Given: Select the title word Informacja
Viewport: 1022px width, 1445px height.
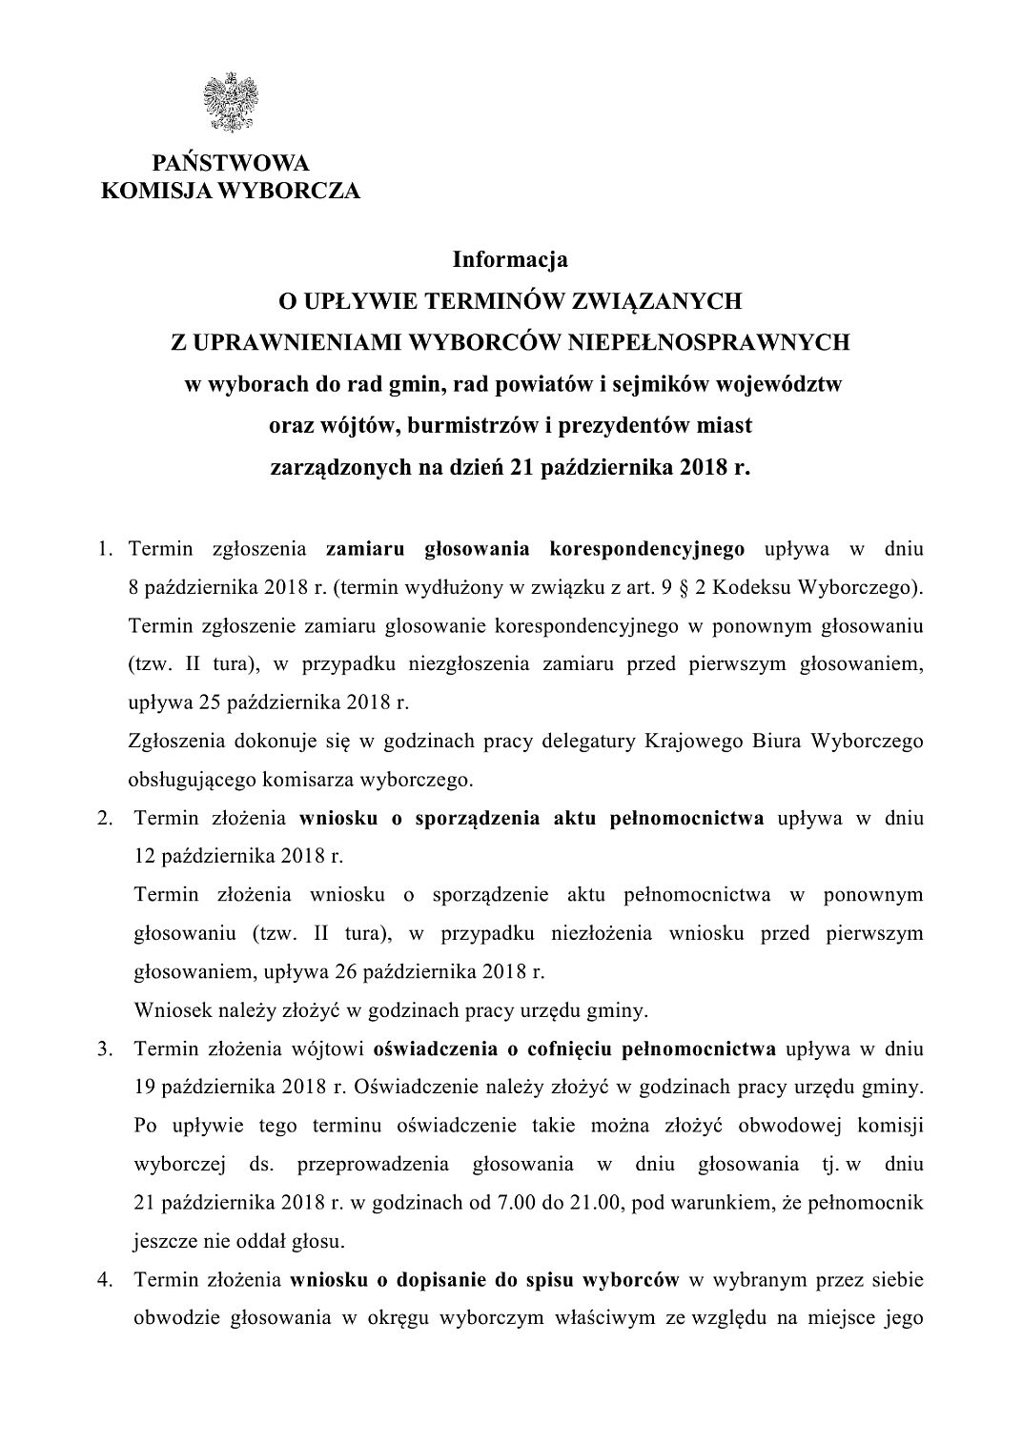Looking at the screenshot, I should point(510,258).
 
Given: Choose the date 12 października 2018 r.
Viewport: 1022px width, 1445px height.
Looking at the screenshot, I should point(238,856).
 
